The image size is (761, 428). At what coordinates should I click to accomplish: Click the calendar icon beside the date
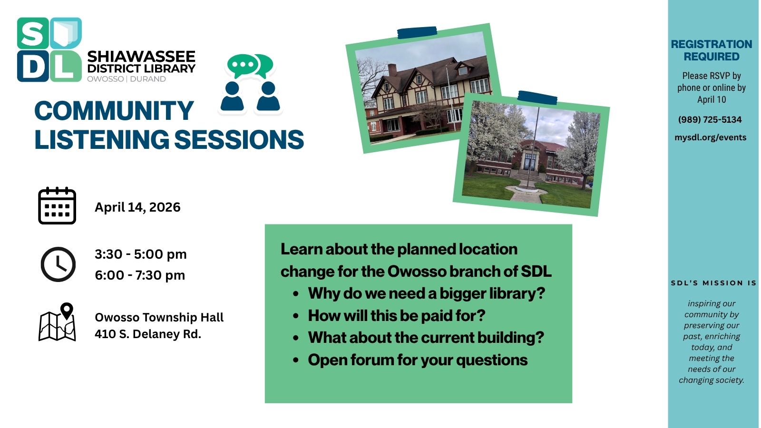coord(57,206)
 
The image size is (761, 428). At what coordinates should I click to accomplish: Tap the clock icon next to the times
coord(58,264)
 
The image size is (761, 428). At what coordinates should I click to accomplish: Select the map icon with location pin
coord(58,322)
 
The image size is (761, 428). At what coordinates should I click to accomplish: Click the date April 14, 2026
coord(137,207)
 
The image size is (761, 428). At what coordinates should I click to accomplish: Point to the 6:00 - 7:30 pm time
coord(140,275)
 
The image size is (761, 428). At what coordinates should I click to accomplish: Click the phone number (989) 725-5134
coord(710,120)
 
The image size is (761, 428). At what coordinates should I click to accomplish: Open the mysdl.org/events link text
coord(710,137)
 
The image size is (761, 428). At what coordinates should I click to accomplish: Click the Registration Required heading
coord(711,50)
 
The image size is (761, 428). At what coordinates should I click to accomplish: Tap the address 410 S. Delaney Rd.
coord(148,334)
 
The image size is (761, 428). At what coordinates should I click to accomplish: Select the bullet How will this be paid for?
coord(397,316)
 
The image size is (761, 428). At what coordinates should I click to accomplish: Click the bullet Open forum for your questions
coord(418,360)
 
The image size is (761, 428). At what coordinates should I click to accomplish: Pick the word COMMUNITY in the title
coord(114,111)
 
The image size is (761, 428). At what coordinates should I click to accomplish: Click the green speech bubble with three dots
coord(243,65)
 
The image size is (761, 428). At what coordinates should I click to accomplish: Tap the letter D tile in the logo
coord(32,66)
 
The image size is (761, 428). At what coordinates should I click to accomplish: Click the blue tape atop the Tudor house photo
coord(417,32)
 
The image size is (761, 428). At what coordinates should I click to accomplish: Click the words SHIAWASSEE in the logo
coord(141,57)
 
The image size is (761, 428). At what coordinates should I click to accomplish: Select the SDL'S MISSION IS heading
coord(713,283)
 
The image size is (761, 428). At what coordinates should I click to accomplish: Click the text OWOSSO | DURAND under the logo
coord(127,79)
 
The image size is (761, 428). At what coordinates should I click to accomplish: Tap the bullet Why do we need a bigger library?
coord(426,293)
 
